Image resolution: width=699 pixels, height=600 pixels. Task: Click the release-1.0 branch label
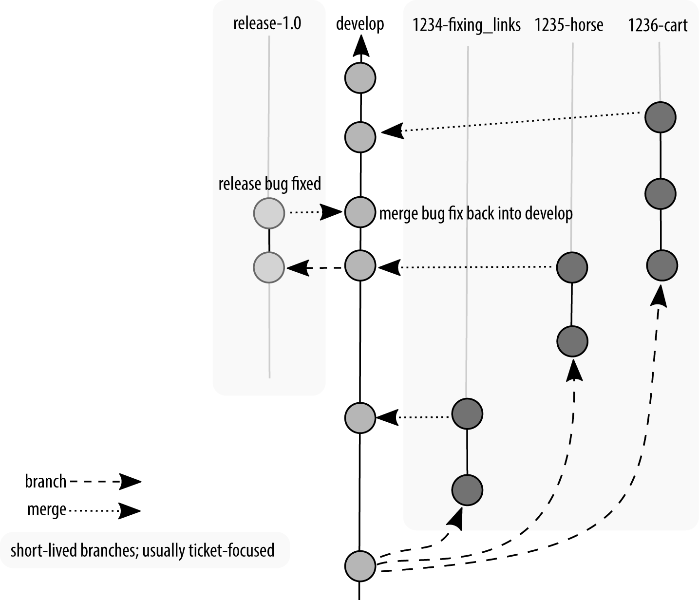pyautogui.click(x=267, y=23)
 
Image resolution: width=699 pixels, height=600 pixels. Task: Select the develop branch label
pyautogui.click(x=360, y=24)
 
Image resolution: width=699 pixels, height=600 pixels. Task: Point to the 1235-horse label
pyautogui.click(x=568, y=25)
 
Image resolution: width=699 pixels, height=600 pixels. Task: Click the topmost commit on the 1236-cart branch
pyautogui.click(x=660, y=117)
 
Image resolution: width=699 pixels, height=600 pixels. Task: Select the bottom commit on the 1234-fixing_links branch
pyautogui.click(x=467, y=490)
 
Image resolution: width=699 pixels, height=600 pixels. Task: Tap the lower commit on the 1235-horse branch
pyautogui.click(x=572, y=341)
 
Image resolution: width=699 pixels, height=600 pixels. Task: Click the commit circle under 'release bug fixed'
pyautogui.click(x=269, y=213)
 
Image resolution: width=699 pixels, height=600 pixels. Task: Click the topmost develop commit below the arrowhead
pyautogui.click(x=360, y=78)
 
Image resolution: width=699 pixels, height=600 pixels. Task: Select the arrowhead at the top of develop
pyautogui.click(x=360, y=48)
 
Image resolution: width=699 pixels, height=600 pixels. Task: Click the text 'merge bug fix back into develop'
pyautogui.click(x=475, y=213)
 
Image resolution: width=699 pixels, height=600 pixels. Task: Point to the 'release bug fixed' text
pyautogui.click(x=269, y=184)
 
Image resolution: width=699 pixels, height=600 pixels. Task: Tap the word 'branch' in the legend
pyautogui.click(x=46, y=482)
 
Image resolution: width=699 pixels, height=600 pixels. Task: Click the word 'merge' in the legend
pyautogui.click(x=47, y=510)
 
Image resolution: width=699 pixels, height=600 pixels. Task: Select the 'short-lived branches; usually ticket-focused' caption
pyautogui.click(x=142, y=550)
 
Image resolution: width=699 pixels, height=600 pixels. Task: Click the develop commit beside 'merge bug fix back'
pyautogui.click(x=360, y=212)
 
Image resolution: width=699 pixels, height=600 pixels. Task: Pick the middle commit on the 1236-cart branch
pyautogui.click(x=660, y=194)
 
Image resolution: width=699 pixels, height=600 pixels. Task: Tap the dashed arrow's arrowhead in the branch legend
pyautogui.click(x=130, y=482)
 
